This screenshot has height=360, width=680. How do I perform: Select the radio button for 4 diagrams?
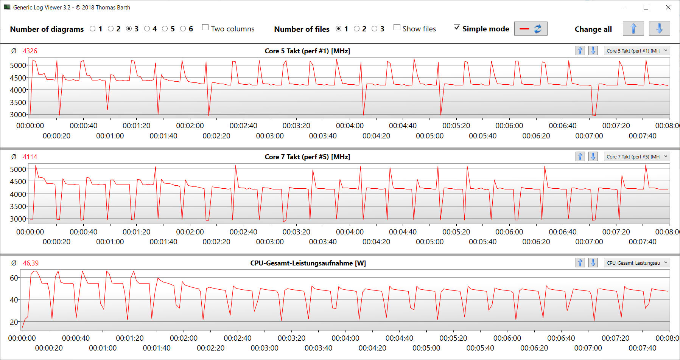pos(147,29)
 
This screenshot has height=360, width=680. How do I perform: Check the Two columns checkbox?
pos(205,28)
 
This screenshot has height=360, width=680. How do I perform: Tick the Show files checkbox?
pos(397,28)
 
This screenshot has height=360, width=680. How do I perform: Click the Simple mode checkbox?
pos(457,28)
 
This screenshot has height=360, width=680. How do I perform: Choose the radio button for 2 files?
pos(356,29)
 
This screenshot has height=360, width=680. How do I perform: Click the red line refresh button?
pos(531,29)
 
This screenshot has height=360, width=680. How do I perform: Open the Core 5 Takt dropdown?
pos(637,51)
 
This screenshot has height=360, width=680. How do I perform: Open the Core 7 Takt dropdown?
pos(637,157)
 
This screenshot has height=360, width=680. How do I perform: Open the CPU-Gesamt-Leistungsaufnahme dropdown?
pos(637,263)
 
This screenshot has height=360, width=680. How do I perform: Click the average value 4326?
pos(30,51)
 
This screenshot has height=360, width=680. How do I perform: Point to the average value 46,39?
pos(31,263)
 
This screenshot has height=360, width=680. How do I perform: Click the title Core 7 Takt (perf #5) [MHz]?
pos(307,157)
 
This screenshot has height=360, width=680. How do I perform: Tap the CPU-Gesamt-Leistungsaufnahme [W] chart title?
pos(308,263)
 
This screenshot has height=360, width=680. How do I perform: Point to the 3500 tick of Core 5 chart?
pos(18,102)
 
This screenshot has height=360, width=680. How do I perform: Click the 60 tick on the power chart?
pos(14,278)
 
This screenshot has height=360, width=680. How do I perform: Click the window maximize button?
pos(646,7)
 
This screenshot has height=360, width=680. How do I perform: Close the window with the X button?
pos(668,7)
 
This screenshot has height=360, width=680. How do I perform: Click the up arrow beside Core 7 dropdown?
pos(580,157)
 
